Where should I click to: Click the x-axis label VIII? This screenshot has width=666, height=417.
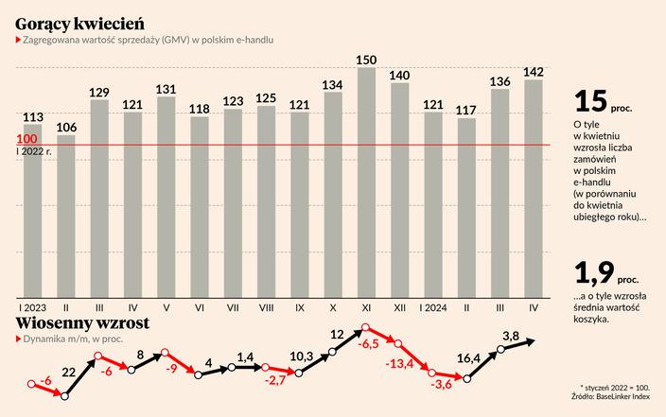[266, 308]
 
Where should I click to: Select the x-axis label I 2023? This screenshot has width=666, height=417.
[32, 308]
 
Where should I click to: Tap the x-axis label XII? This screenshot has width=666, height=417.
[399, 308]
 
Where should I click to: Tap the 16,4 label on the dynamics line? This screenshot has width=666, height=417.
[467, 359]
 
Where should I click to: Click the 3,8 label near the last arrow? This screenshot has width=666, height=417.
[512, 336]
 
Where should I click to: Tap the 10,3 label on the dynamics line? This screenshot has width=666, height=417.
[301, 355]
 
